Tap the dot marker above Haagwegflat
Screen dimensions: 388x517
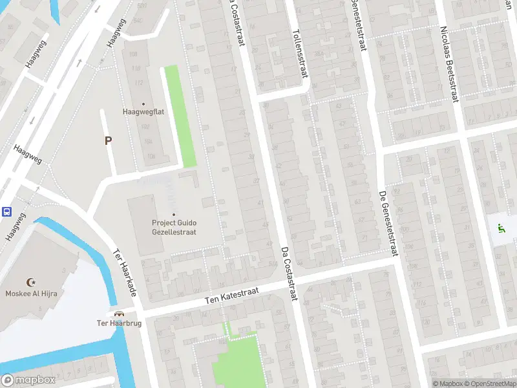(x=143, y=103)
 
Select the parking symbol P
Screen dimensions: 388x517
(x=108, y=140)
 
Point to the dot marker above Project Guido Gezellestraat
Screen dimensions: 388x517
(x=173, y=215)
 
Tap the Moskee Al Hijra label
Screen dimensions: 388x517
(x=30, y=293)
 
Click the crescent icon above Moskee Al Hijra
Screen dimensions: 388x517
(x=30, y=282)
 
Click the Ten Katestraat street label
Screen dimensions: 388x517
(x=231, y=296)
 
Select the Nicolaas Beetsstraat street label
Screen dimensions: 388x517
(x=448, y=65)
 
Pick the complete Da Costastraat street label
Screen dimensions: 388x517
(x=289, y=273)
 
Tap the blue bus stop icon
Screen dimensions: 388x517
(x=6, y=211)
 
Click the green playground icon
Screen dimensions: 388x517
(x=501, y=228)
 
